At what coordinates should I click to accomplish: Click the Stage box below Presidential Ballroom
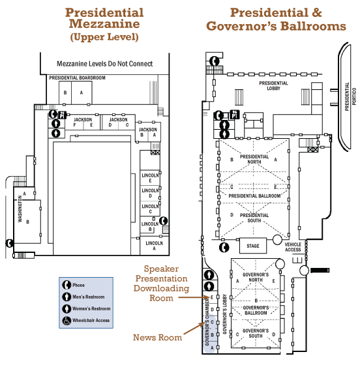click(x=253, y=246)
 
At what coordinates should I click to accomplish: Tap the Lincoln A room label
click(x=154, y=246)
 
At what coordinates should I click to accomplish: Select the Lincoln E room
click(x=150, y=178)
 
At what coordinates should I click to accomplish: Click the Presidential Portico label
click(x=350, y=96)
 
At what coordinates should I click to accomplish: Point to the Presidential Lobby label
click(x=273, y=85)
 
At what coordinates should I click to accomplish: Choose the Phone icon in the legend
click(x=67, y=285)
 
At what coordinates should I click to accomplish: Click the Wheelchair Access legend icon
click(x=67, y=321)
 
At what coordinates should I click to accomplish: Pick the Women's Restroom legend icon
click(x=67, y=309)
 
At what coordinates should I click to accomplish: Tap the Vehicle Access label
click(x=293, y=247)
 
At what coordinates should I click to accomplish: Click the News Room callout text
click(x=157, y=337)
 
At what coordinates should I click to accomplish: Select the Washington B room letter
click(x=27, y=222)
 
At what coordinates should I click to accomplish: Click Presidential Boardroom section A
click(x=82, y=93)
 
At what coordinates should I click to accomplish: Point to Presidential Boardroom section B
click(x=65, y=93)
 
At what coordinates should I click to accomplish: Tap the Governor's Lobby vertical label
click(x=224, y=314)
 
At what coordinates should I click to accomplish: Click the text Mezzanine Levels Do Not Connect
click(x=105, y=64)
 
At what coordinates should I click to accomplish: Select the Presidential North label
click(x=254, y=159)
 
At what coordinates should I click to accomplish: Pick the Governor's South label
click(x=256, y=333)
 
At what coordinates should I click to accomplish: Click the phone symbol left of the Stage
click(x=224, y=247)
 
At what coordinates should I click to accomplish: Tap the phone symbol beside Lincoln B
click(x=164, y=220)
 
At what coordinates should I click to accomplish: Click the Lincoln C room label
click(x=150, y=209)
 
